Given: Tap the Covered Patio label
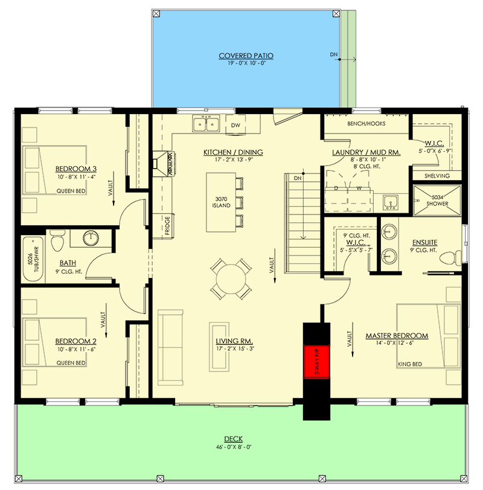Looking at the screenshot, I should point(246,56).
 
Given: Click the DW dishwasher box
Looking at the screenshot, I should point(235,125).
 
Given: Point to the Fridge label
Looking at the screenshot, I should point(165,227).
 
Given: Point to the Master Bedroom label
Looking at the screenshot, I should point(397,336).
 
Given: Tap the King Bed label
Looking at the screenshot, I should point(410,364).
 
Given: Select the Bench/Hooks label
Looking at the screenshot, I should point(366,124).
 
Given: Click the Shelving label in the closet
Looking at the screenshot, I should point(437,176).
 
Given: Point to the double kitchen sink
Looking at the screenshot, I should point(205,124).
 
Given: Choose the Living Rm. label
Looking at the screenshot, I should point(234,341).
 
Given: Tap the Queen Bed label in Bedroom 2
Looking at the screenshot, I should point(71,363).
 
